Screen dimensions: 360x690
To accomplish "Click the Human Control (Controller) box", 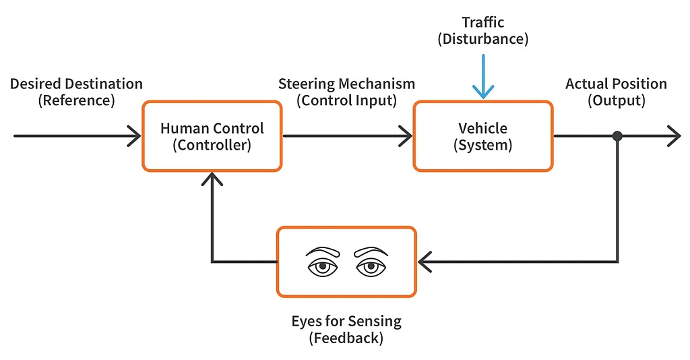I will pyautogui.click(x=212, y=136).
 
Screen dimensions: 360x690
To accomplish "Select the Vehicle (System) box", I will pyautogui.click(x=482, y=136).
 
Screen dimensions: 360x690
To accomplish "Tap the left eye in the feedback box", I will pyautogui.click(x=323, y=263).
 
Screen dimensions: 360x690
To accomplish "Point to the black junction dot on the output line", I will pyautogui.click(x=617, y=136).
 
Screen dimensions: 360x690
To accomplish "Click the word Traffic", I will pyautogui.click(x=483, y=22).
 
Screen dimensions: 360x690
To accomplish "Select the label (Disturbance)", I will pyautogui.click(x=483, y=39).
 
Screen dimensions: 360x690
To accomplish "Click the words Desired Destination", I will pyautogui.click(x=76, y=84).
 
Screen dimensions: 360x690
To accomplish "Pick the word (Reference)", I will pyautogui.click(x=76, y=101).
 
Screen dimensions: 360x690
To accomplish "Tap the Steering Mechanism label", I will pyautogui.click(x=346, y=84).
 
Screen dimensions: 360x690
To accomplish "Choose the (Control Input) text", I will pyautogui.click(x=346, y=101).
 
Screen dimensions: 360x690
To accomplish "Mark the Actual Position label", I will pyautogui.click(x=616, y=84).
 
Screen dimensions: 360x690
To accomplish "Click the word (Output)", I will pyautogui.click(x=616, y=101).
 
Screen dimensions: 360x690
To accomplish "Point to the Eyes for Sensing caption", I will pyautogui.click(x=346, y=321).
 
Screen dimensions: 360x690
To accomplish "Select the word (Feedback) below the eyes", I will pyautogui.click(x=346, y=338).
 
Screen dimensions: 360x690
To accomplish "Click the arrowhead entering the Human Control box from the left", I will pyautogui.click(x=135, y=136).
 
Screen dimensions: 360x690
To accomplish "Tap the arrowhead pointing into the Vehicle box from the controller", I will pyautogui.click(x=406, y=136).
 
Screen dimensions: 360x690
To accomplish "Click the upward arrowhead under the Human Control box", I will pyautogui.click(x=212, y=179).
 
